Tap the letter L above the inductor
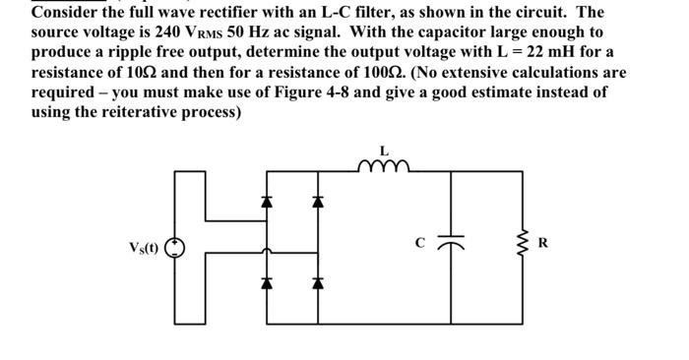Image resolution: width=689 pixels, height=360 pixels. (383, 152)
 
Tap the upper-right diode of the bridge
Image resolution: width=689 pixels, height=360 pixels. (317, 202)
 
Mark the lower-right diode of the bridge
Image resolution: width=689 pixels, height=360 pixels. (317, 288)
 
